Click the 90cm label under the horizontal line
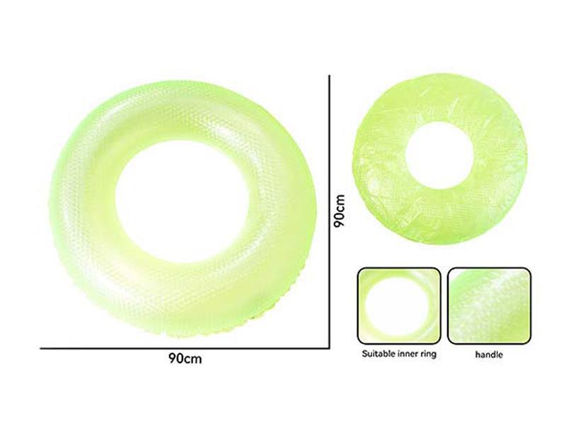(186, 358)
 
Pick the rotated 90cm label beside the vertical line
(340, 210)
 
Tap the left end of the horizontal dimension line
(41, 348)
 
